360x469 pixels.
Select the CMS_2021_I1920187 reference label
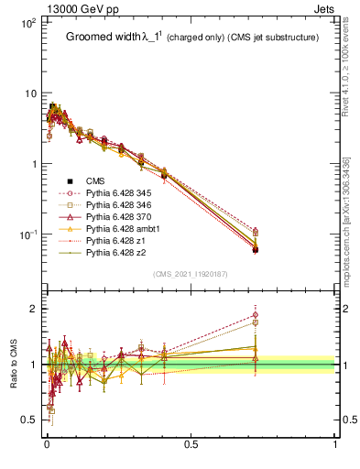click(x=190, y=274)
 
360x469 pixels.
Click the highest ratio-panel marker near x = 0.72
click(x=255, y=315)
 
